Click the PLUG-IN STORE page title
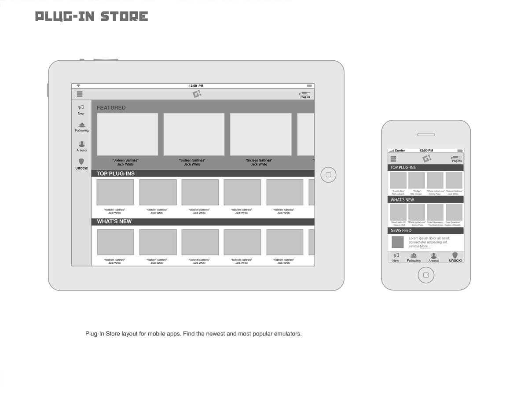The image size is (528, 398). point(92,17)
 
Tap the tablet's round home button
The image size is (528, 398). point(328,175)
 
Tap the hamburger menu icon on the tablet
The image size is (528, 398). point(80,94)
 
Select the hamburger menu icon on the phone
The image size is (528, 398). point(393,159)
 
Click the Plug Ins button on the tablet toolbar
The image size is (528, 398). point(305,94)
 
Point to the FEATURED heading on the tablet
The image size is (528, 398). point(111,108)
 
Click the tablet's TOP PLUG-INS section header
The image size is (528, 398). point(116,173)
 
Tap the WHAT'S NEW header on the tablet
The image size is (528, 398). point(114,221)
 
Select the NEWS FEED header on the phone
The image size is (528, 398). point(401,231)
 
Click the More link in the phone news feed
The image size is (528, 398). point(424,246)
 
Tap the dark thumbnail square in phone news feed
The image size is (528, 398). point(398,242)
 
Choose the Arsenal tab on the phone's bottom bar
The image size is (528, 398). point(434,257)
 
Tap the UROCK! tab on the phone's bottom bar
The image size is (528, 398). point(455,257)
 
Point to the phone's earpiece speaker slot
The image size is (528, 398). point(426,134)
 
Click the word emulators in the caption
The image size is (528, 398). point(288,334)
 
